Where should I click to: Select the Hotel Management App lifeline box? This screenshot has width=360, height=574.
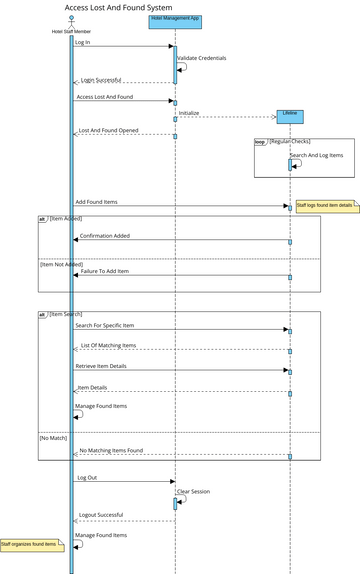174,19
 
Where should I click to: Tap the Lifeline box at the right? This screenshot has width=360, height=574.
291,116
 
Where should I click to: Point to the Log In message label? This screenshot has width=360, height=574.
82,43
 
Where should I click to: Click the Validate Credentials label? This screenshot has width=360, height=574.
202,58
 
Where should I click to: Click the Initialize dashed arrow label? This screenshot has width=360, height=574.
189,113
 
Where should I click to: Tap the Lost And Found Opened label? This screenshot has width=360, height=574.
109,130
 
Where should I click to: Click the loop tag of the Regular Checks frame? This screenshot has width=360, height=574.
259,142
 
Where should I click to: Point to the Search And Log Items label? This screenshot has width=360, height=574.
316,155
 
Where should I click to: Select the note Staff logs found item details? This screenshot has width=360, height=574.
325,205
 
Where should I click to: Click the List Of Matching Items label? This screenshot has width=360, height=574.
108,345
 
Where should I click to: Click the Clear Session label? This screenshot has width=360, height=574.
194,492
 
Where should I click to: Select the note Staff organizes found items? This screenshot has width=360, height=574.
30,544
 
